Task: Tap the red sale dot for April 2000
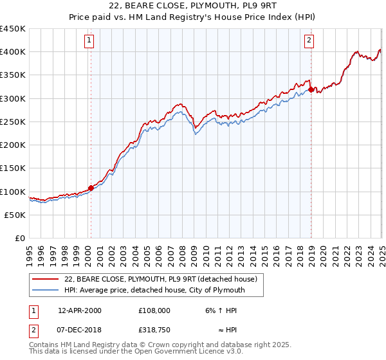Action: coord(91,188)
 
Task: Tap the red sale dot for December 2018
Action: coord(311,90)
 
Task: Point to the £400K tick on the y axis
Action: coord(13,52)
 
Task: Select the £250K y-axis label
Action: coord(13,122)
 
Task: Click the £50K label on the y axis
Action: coord(15,215)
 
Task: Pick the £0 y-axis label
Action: coord(21,238)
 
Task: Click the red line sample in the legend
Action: coord(45,279)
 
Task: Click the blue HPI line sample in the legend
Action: coord(45,290)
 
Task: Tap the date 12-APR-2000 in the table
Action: coord(80,310)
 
